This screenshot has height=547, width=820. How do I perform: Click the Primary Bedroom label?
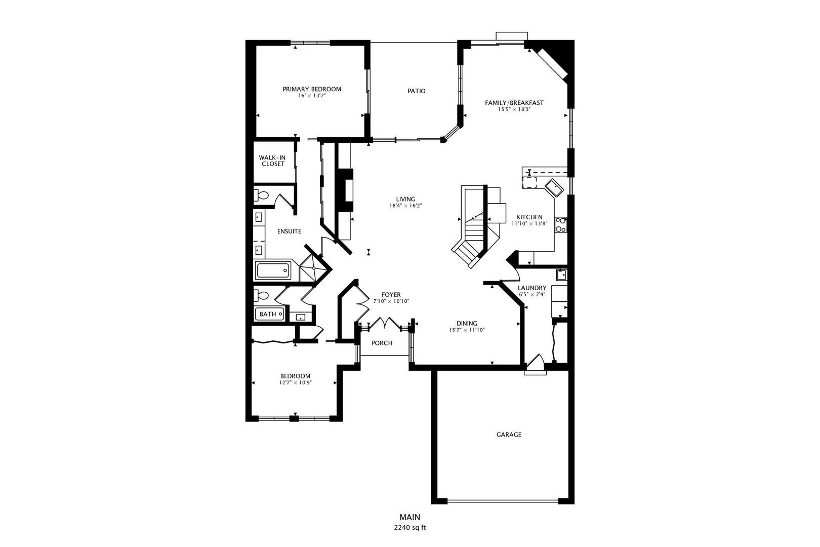312,89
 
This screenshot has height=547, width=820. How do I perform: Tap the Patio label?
417,91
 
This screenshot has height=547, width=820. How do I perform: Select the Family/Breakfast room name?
514,103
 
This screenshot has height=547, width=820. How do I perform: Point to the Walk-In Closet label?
272,161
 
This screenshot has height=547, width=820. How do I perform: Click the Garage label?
509,435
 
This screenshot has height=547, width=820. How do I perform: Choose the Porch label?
382,343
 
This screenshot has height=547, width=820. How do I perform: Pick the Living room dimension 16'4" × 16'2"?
406,206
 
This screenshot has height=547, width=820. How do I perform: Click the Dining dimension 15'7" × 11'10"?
467,330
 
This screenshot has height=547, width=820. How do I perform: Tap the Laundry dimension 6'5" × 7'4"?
532,295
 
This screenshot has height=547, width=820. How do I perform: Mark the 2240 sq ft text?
410,528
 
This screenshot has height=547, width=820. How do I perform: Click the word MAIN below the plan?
410,517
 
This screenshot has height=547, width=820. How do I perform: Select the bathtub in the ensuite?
273,271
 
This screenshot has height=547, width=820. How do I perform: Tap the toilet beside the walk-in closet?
262,195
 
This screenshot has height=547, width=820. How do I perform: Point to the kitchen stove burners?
561,224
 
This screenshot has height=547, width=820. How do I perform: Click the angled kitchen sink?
553,188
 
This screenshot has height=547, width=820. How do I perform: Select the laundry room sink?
561,276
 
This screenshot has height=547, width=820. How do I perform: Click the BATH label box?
268,315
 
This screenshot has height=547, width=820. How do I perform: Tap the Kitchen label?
529,217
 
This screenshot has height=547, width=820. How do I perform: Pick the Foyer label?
391,295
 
